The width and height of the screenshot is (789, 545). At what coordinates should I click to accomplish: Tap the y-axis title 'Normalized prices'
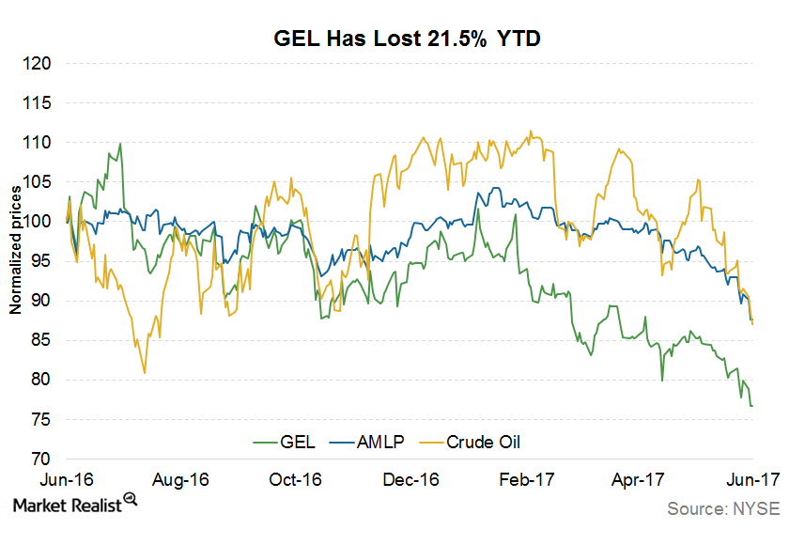15,250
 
